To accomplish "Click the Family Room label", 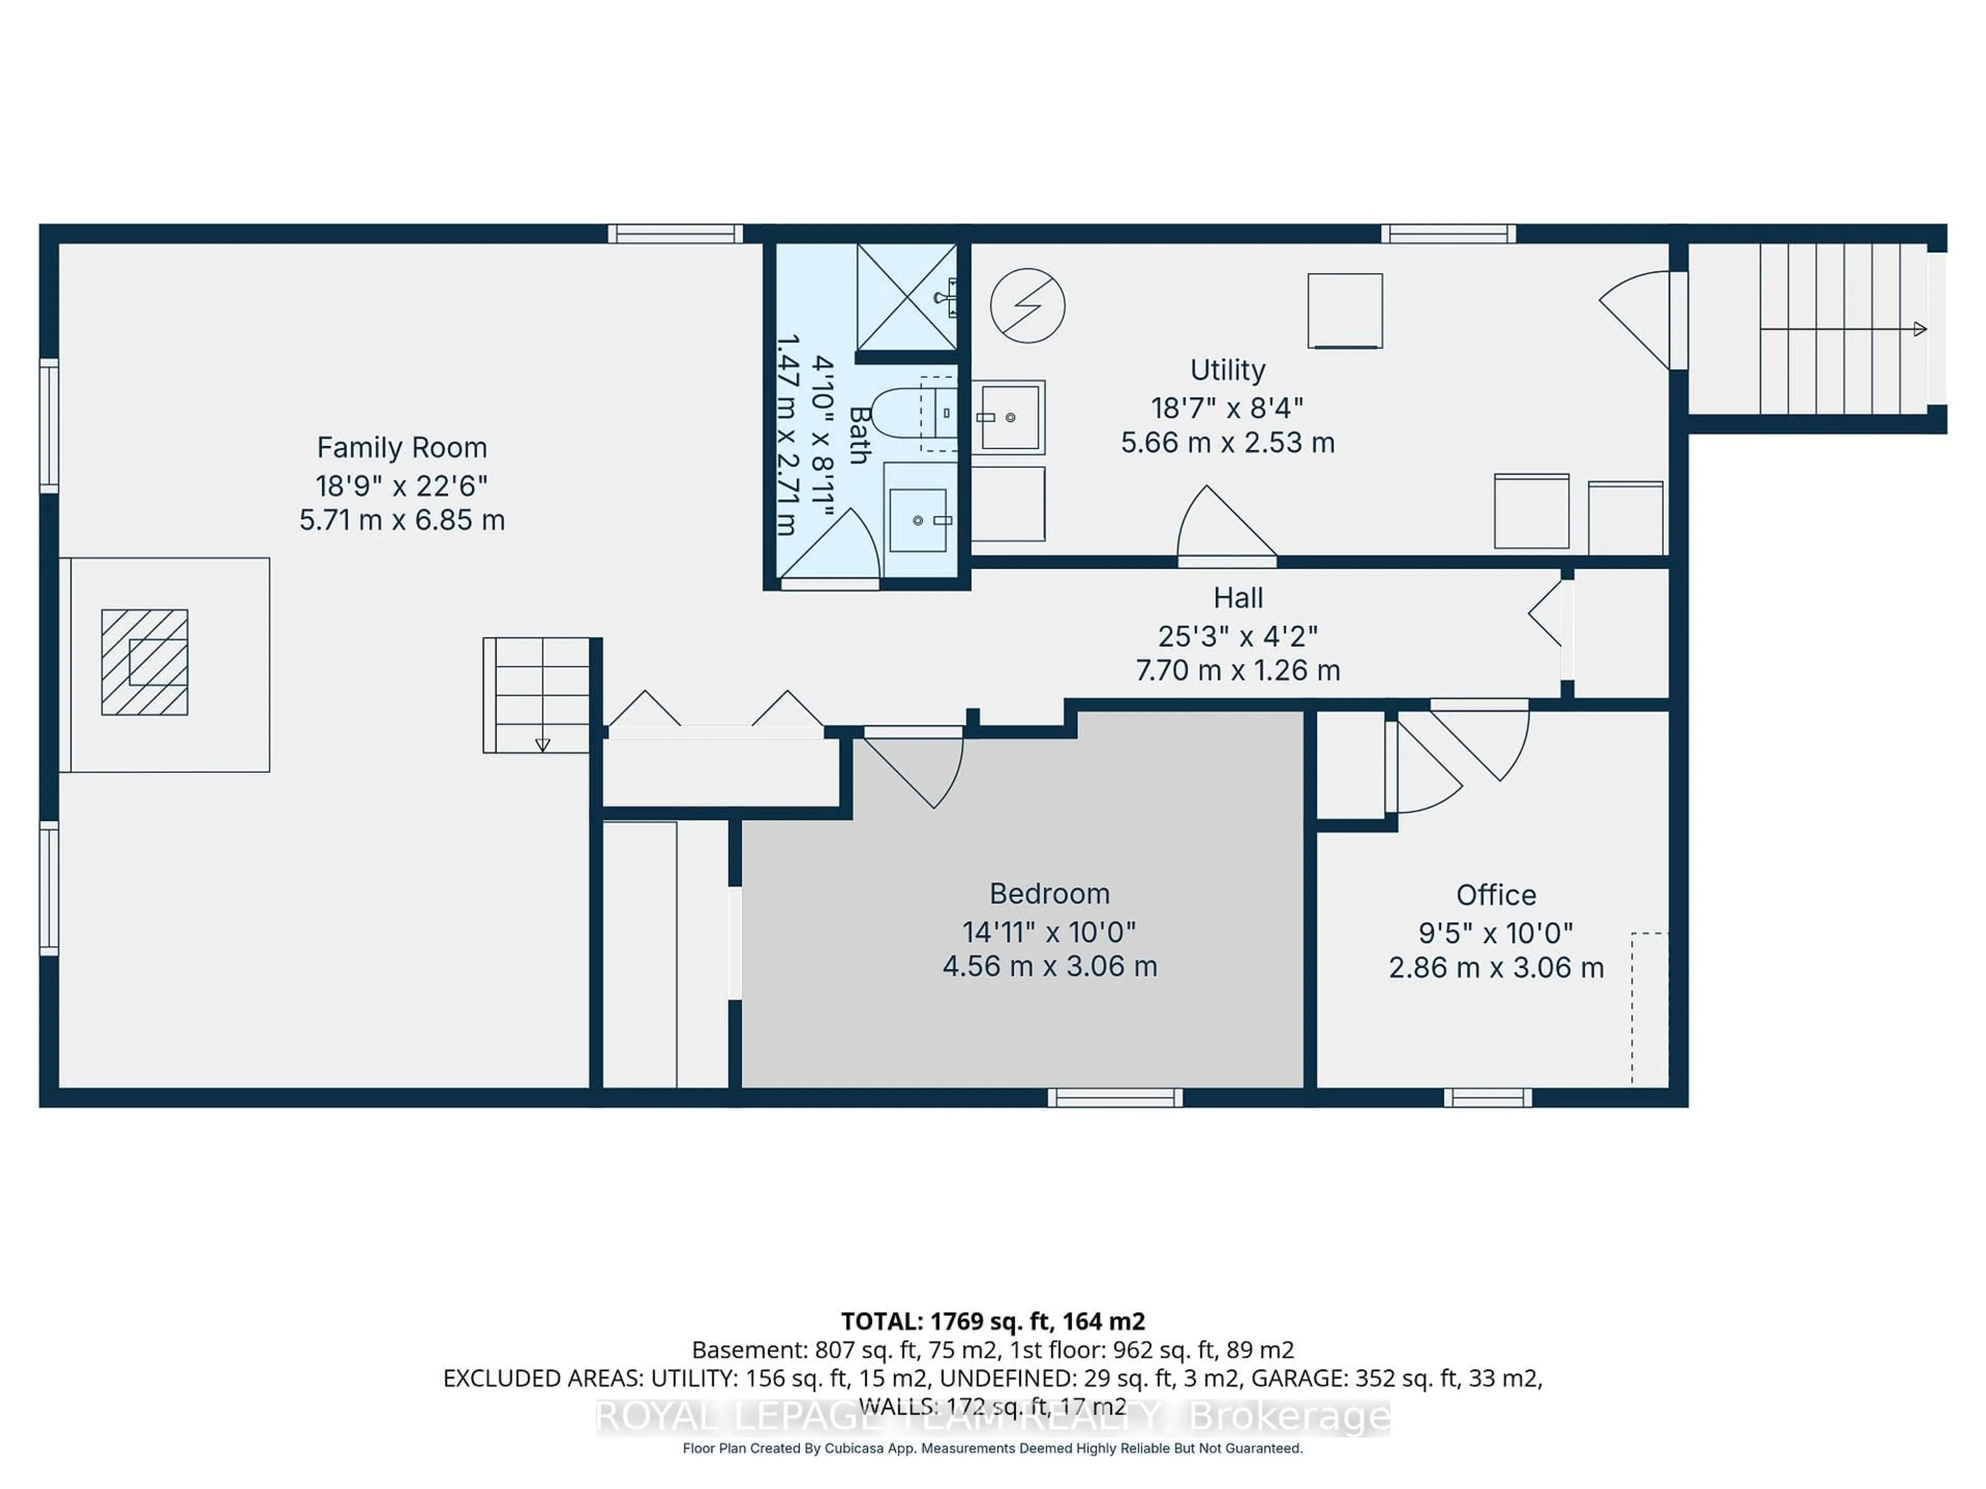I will pyautogui.click(x=401, y=447).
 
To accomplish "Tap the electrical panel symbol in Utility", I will pyautogui.click(x=1027, y=305).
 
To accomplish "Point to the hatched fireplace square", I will pyautogui.click(x=144, y=662).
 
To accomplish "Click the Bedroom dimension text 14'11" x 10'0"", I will pyautogui.click(x=1049, y=932).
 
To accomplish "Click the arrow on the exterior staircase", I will pyautogui.click(x=1919, y=329).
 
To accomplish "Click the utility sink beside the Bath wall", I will pyautogui.click(x=1009, y=417).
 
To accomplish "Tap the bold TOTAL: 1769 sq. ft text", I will pyautogui.click(x=992, y=1321).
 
